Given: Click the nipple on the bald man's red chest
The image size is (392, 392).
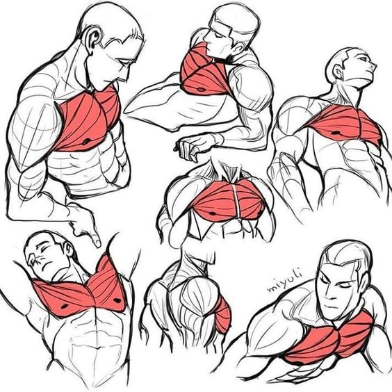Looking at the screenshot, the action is pos(86,142).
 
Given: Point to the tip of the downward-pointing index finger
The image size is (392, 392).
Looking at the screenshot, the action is pos(97,244).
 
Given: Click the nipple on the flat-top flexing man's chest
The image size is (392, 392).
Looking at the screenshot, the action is pos(200,89).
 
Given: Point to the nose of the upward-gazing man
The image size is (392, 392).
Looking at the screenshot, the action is pos(374,65).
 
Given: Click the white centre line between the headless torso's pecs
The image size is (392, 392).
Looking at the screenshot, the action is pos(237,201).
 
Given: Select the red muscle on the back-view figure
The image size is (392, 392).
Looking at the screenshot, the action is pos(223,314).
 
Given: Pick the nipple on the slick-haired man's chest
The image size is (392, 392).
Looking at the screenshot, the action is pos(295,363).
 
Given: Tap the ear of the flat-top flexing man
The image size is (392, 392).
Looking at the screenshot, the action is pos(240,47).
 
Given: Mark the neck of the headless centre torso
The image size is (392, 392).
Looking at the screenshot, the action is pos(228,170).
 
